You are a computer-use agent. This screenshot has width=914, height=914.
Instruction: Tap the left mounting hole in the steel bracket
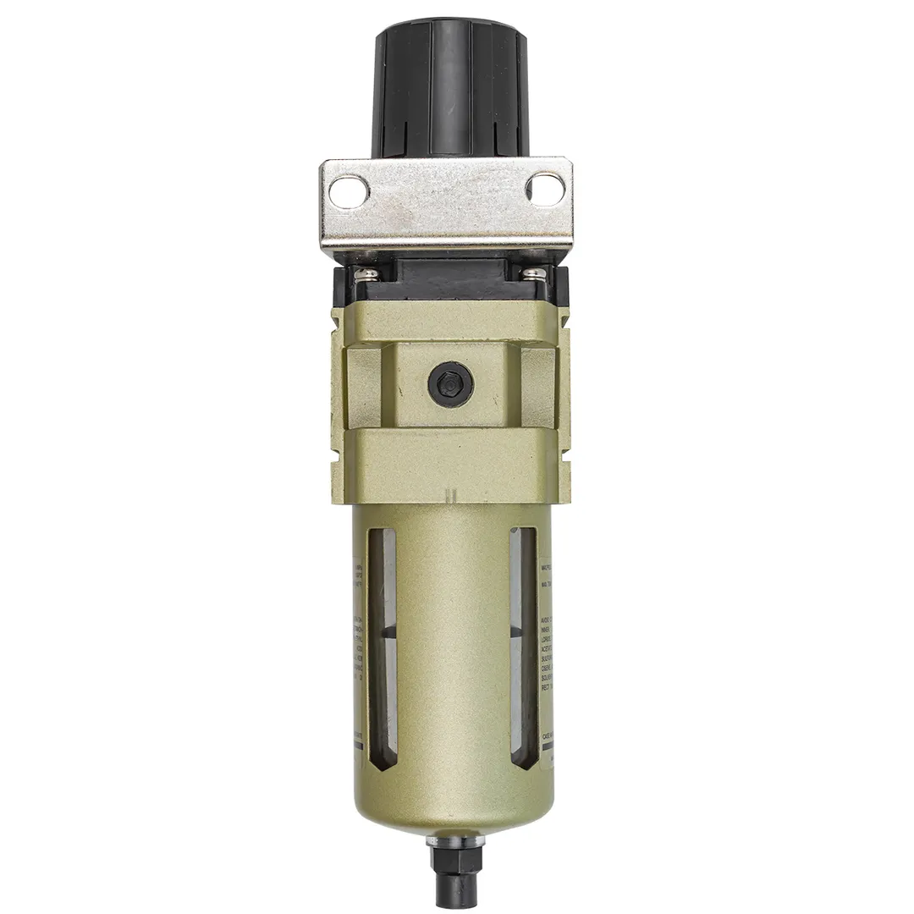click(x=348, y=190)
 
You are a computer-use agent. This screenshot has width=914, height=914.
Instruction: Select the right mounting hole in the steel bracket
click(x=544, y=188)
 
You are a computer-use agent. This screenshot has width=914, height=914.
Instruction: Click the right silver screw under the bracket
click(x=534, y=273)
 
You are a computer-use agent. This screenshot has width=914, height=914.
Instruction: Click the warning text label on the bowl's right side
click(x=548, y=652)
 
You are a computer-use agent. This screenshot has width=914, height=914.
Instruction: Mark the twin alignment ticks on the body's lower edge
click(x=449, y=494)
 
